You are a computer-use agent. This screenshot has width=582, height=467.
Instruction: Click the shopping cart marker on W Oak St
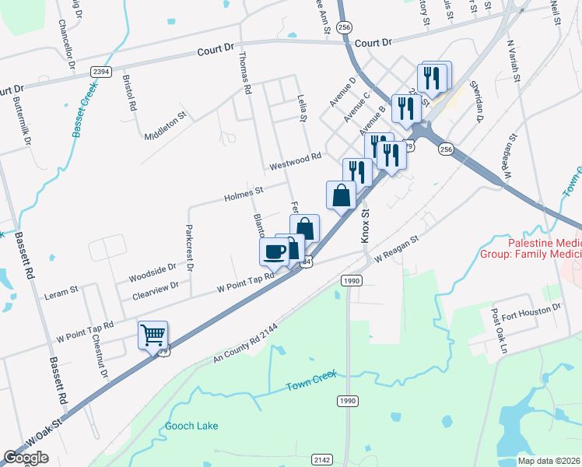(153, 335)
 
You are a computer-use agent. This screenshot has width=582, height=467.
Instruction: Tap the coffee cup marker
(274, 251)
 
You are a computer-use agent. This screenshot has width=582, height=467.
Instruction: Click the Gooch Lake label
(191, 426)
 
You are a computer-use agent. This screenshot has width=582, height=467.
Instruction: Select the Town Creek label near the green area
(310, 381)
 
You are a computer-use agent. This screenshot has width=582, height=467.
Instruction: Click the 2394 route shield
(100, 72)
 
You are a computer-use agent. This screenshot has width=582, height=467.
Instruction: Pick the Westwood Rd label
(295, 161)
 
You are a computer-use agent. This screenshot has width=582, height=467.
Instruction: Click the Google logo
(26, 458)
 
